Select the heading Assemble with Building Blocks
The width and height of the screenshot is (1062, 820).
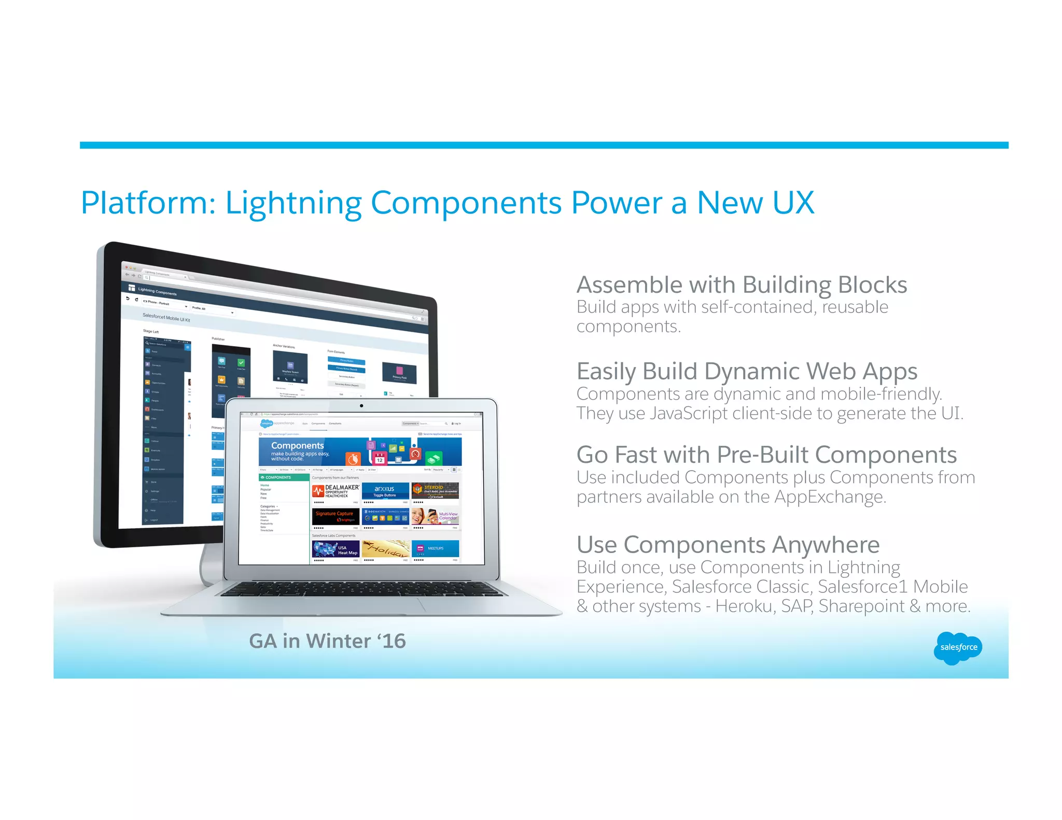(x=742, y=285)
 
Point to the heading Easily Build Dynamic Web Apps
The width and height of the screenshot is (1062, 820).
(x=747, y=372)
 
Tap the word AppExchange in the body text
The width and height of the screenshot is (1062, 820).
(x=829, y=497)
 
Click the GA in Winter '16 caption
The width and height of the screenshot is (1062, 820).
(x=327, y=641)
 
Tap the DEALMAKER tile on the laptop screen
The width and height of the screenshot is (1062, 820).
(x=336, y=491)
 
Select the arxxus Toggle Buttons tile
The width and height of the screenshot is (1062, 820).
(x=385, y=491)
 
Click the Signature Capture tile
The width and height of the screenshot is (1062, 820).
(x=335, y=516)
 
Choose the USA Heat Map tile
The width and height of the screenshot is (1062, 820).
(x=336, y=549)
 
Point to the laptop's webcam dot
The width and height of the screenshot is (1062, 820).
(x=361, y=406)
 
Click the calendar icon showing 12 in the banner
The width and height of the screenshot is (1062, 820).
(x=380, y=459)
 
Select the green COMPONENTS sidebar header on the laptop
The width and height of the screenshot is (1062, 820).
(x=284, y=477)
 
